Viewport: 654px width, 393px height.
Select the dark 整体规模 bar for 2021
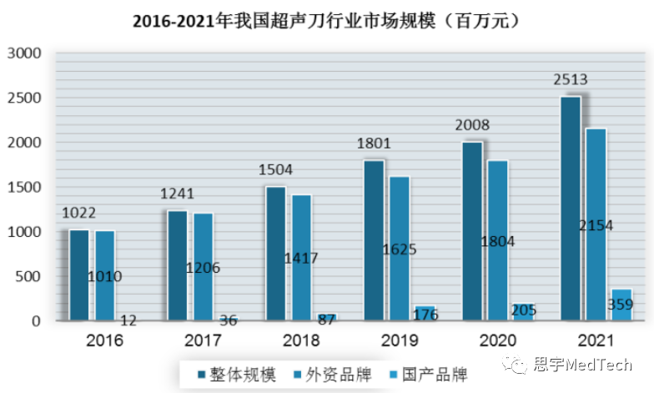coord(570,209)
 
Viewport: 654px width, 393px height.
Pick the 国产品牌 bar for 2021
coord(621,305)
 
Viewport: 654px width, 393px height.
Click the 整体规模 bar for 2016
coord(79,275)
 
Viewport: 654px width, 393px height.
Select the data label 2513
coord(571,81)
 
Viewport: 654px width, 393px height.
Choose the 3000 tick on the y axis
coord(24,53)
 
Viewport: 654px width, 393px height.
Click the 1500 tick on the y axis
coord(24,187)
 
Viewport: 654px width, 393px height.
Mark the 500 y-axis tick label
coord(29,276)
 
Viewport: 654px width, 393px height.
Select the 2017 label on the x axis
coord(203,340)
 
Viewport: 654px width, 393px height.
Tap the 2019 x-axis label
coord(400,340)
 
